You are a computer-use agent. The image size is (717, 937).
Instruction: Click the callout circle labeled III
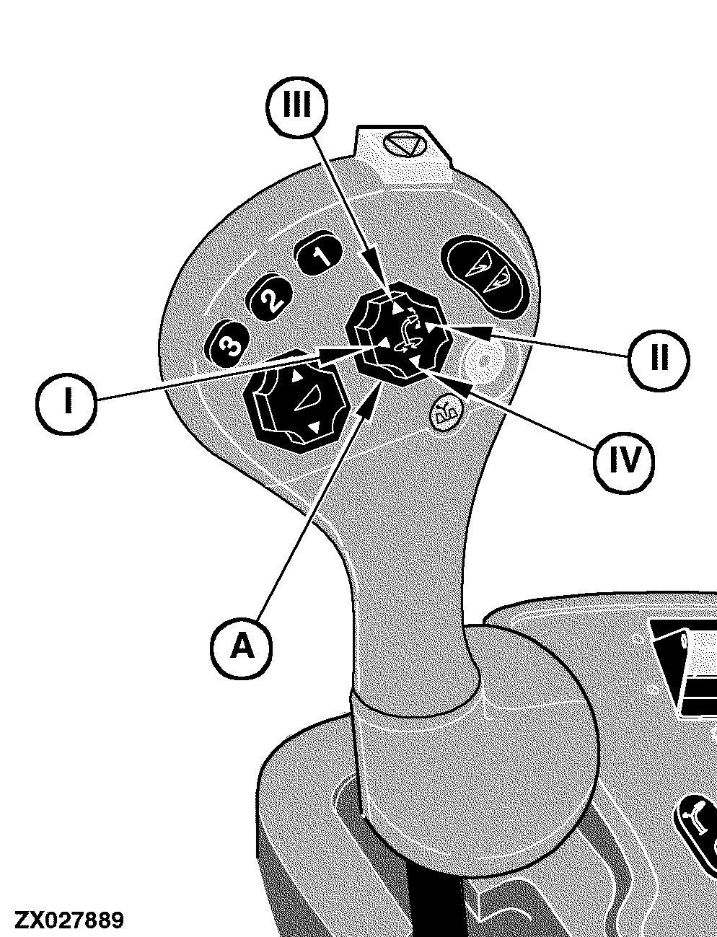[297, 107]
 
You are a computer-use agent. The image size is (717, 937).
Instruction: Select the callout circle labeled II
[659, 360]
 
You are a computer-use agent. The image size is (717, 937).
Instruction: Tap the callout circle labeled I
[66, 403]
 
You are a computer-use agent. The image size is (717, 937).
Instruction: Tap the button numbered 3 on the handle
[227, 343]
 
